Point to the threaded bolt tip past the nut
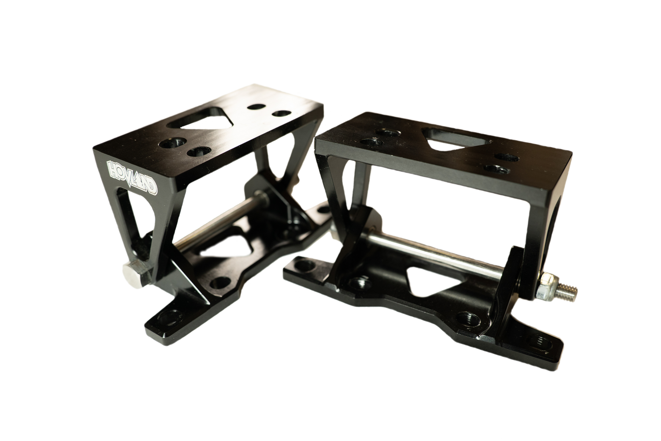pyautogui.click(x=568, y=291)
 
